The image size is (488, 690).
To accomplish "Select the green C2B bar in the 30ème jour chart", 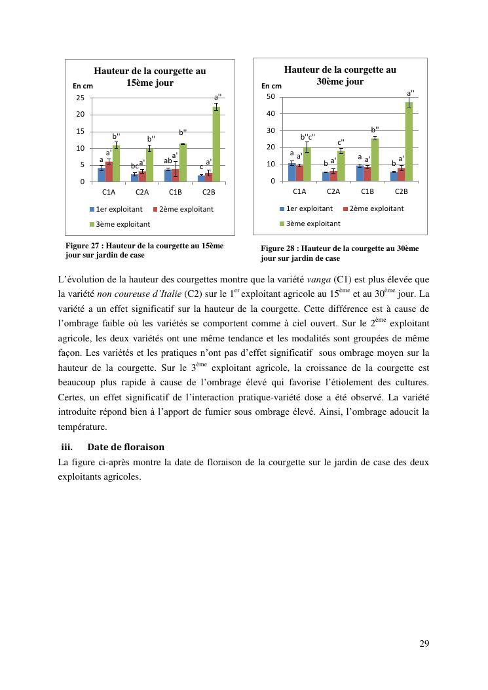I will coord(409,142).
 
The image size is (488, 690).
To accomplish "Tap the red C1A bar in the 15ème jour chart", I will coord(109,172).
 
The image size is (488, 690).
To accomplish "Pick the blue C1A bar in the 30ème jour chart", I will coord(292,172).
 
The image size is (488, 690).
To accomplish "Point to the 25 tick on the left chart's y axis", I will coord(81,98).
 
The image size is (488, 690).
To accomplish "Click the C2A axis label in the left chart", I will coord(142,192).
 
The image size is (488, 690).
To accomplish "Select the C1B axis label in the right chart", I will coord(367,191).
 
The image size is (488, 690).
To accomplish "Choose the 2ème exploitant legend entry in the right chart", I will coord(377,208).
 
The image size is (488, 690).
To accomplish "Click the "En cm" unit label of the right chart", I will coord(271,86).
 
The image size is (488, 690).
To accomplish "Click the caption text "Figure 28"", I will coord(282,248).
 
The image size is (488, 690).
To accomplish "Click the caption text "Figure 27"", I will coord(87,246).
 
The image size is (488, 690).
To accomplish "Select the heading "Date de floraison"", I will coord(125,447).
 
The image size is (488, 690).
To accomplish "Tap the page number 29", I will coord(424,643).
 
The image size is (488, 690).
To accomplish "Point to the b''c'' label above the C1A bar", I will coord(308,137).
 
